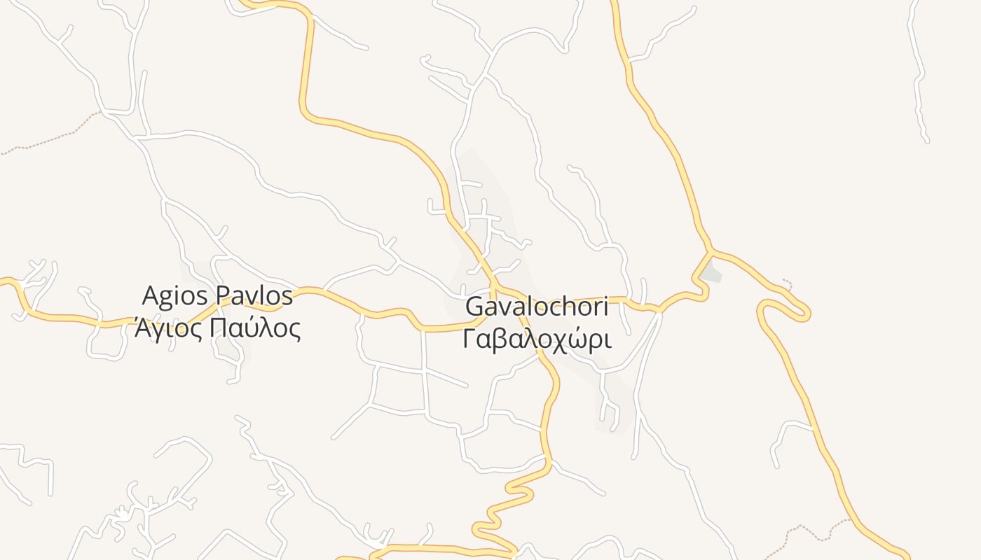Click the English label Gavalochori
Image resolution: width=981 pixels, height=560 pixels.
coord(536,307)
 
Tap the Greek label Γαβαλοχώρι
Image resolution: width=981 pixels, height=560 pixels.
coord(537,339)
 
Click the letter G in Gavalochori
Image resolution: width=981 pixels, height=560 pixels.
coord(474,307)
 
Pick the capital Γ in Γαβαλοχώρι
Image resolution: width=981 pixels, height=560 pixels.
coord(469,339)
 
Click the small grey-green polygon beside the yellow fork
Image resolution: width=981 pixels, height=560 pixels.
coord(712,272)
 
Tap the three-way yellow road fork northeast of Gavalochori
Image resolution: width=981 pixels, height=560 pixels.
coord(712,251)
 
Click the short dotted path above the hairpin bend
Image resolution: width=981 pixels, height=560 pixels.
coord(788,283)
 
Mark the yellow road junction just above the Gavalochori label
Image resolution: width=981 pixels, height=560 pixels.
coord(493,286)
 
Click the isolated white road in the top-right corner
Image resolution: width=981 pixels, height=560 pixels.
coord(918,77)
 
